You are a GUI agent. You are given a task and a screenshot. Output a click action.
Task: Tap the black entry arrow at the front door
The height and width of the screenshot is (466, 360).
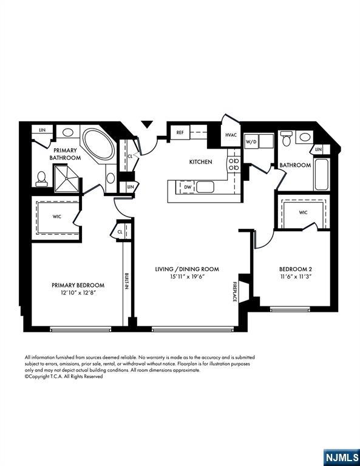tap(147, 124)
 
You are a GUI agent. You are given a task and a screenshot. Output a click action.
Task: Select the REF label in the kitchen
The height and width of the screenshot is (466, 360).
tap(180, 132)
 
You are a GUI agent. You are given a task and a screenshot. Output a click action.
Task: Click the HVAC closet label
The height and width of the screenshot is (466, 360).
tap(231, 135)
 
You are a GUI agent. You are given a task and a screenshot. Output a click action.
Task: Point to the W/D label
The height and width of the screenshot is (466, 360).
tap(251, 142)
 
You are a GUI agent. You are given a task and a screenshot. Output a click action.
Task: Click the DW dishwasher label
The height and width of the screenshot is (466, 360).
tap(188, 187)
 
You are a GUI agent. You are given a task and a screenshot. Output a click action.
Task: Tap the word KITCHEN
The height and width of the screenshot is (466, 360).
tap(200, 162)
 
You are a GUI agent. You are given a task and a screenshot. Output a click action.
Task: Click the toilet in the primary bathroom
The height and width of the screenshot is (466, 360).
tap(42, 177)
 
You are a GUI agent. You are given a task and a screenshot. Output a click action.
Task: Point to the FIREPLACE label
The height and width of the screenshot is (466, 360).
tap(234, 291)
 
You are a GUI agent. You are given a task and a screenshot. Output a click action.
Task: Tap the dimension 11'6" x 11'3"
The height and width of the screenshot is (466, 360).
tap(295, 277)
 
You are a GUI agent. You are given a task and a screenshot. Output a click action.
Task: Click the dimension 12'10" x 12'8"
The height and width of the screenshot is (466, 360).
tap(78, 293)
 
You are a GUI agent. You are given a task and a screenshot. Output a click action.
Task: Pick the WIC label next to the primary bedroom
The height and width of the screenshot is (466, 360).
tap(57, 215)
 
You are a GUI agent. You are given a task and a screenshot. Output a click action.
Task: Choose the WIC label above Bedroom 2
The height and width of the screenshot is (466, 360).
tap(303, 212)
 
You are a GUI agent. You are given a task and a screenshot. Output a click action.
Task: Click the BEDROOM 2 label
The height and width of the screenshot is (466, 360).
tap(295, 269)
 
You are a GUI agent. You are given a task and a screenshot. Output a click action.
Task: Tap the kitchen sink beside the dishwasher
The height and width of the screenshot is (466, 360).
tap(205, 186)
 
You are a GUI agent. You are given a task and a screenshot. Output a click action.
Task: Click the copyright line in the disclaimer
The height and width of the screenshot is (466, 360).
tap(64, 376)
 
